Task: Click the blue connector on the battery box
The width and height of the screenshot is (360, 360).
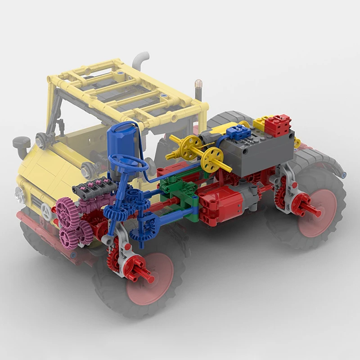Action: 238,132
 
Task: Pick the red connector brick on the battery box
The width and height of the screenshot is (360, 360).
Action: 278,125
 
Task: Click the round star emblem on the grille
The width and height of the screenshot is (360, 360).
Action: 45,211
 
